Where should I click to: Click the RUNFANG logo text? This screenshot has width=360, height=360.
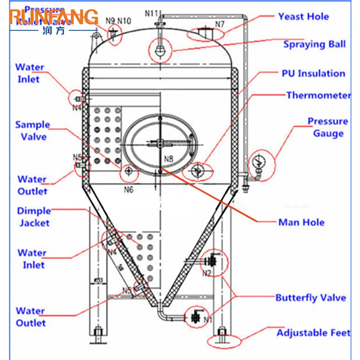coord(53,17)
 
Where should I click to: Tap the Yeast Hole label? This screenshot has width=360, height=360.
coord(303,17)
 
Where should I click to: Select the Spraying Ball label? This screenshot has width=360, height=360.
coord(314,44)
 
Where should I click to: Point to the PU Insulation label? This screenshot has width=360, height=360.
coord(313,73)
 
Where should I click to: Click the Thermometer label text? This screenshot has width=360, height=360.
coord(318,95)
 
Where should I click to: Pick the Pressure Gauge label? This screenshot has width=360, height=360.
coord(328,127)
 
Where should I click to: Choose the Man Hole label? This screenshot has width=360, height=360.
coord(301,222)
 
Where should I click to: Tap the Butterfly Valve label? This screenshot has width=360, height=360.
coord(310,297)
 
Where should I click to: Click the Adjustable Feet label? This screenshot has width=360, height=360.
coord(313,333)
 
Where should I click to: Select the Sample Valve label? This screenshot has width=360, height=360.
coord(33,130)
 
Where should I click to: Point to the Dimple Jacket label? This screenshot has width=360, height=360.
coord(34,216)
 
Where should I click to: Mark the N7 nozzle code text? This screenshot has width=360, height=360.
coord(220,24)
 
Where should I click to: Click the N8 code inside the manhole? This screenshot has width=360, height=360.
coord(169,158)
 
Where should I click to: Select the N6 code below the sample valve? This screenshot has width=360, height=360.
coord(129,190)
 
